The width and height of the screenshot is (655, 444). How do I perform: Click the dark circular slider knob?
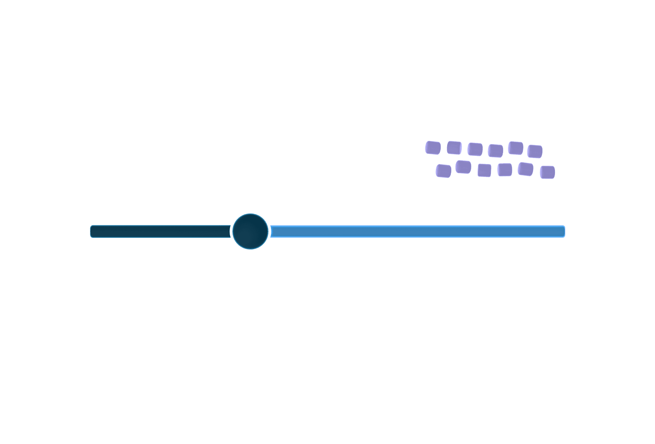coord(250,231)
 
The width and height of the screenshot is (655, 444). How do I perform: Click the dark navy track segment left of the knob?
coord(160,232)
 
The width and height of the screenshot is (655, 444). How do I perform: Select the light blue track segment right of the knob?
coord(417,231)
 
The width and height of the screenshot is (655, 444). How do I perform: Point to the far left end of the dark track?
coord(92,232)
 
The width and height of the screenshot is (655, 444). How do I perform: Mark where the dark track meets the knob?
coord(230,232)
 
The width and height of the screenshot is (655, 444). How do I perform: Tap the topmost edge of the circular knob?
coord(250,214)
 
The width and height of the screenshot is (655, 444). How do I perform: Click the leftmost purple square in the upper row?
coord(433,148)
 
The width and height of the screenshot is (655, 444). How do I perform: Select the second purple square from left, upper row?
coord(454,148)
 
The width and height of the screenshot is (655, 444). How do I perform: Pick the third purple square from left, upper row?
coord(475,149)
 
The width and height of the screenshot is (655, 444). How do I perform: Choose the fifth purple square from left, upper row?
coord(516,148)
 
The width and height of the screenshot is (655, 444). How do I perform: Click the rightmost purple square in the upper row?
coord(535,151)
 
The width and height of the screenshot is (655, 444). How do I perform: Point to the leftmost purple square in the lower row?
coord(444,171)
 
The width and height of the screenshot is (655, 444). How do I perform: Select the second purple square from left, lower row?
coord(463,167)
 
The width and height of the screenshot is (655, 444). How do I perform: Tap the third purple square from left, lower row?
coord(484,171)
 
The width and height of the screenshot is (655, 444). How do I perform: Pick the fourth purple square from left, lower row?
coord(505,170)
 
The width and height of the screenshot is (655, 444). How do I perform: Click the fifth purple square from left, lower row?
coord(526,169)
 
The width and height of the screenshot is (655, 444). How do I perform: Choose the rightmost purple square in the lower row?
coord(548,172)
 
